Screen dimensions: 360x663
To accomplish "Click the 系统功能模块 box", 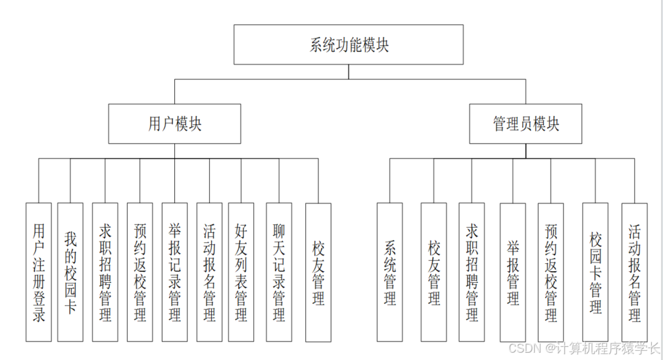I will [349, 45].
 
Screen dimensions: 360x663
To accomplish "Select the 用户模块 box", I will [174, 124].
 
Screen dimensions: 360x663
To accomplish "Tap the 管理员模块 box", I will [526, 124].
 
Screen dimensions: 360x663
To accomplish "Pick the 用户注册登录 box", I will [38, 272].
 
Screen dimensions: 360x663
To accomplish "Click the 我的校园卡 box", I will [70, 272].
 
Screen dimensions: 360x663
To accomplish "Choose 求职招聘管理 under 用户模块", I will [105, 272].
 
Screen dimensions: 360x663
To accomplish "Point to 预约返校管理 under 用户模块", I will [140, 272].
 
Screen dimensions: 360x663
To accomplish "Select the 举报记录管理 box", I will [174, 272].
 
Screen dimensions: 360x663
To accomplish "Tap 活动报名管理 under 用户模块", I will [209, 272].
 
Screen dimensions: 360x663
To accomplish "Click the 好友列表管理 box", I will [241, 272].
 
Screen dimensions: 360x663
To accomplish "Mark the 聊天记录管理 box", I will [279, 272].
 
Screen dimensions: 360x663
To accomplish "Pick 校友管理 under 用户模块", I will [318, 272].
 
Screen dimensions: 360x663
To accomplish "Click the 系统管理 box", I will [389, 272].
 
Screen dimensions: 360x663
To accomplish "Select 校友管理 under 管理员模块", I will [434, 272].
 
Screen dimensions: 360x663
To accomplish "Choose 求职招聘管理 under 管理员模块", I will [472, 272].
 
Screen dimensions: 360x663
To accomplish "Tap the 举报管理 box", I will [513, 272].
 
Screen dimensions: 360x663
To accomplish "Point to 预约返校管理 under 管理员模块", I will [551, 272].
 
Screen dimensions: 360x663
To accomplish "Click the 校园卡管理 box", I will [595, 272].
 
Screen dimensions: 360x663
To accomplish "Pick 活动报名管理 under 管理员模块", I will [635, 272].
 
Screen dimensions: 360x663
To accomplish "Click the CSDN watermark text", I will [582, 347].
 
